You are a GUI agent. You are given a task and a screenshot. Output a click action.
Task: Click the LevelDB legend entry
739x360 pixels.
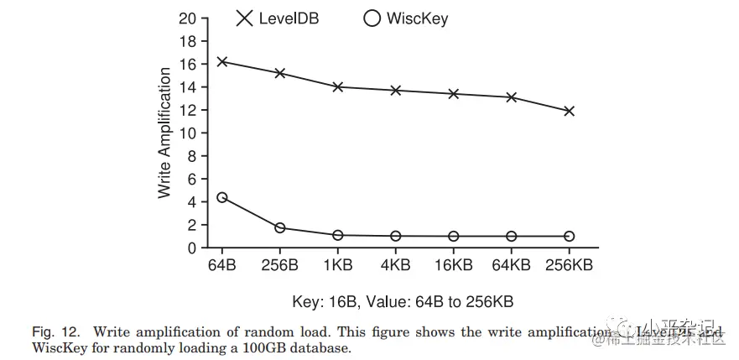(277, 18)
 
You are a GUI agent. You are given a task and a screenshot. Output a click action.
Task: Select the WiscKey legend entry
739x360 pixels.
(406, 18)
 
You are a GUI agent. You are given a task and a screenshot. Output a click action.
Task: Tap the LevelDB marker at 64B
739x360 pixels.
(221, 61)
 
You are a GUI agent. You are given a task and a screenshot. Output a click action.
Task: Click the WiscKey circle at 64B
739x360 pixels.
(221, 197)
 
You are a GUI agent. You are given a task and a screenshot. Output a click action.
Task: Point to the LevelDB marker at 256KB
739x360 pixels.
(569, 111)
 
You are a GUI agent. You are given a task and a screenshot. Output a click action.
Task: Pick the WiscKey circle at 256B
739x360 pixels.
(279, 227)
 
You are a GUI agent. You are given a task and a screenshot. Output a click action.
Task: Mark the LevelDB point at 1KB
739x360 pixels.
(337, 86)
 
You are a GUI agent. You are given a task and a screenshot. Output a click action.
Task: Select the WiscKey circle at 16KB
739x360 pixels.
(453, 237)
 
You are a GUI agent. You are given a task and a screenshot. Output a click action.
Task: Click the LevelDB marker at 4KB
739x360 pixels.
(395, 90)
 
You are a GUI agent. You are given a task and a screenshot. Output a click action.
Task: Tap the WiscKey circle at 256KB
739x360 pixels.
(569, 237)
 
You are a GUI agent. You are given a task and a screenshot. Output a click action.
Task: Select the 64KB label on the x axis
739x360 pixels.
(511, 265)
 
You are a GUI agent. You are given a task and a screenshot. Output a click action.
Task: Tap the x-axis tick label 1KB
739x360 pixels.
(337, 265)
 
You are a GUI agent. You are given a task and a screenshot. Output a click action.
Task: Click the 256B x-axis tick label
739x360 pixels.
(279, 265)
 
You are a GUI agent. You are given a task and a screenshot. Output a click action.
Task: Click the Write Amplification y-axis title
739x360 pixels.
(165, 133)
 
